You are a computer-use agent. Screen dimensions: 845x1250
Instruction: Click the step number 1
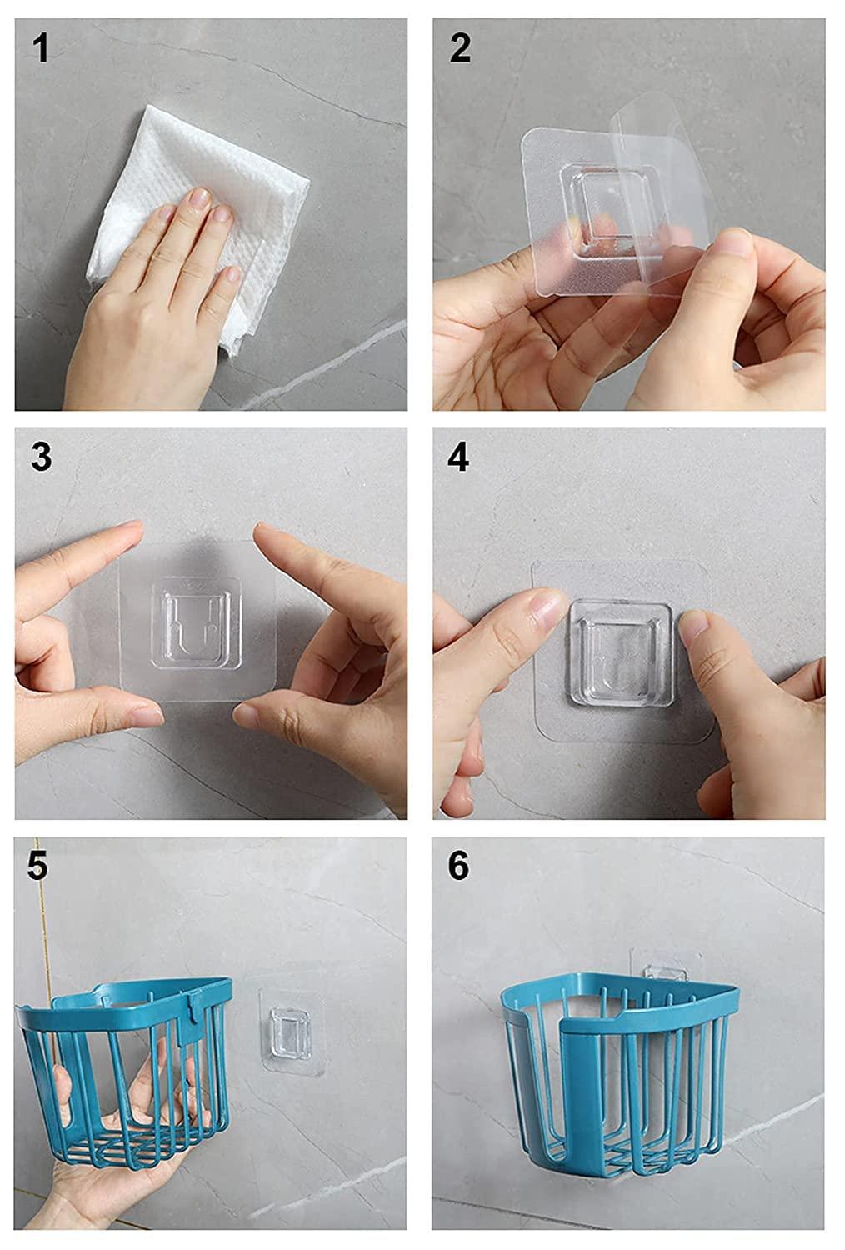tap(41, 48)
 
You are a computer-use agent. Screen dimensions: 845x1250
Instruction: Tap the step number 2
tap(460, 48)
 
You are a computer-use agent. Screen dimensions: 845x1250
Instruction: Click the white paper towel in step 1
tap(201, 223)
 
